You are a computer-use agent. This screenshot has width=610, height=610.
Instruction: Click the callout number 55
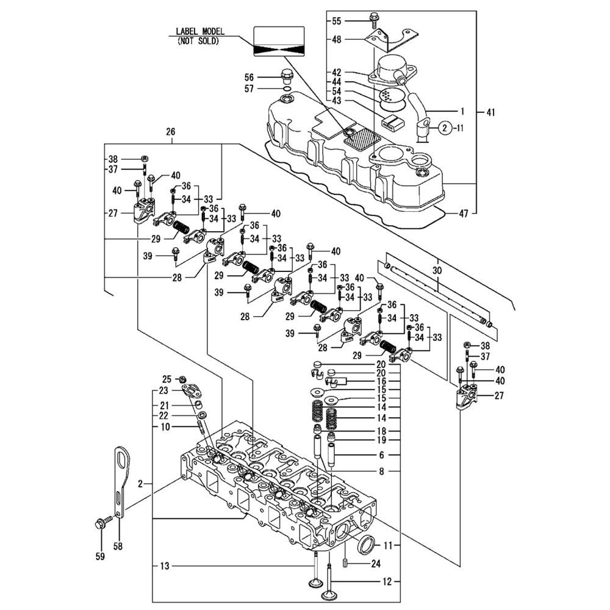tap(337, 21)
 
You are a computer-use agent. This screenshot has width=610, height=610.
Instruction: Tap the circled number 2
tap(445, 128)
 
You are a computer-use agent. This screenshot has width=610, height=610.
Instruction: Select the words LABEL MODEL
tap(200, 32)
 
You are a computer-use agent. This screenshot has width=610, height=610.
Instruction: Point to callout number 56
tap(249, 77)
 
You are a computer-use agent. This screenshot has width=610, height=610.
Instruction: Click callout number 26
tap(170, 132)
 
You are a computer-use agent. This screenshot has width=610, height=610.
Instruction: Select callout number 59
tap(100, 556)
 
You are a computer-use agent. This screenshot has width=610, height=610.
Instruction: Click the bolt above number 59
tap(101, 523)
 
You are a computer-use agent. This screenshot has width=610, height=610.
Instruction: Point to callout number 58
tap(118, 546)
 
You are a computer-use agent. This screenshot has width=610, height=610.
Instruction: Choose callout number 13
tap(164, 566)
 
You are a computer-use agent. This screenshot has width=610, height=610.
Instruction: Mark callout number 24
tap(376, 564)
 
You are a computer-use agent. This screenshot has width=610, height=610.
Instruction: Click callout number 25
tap(167, 379)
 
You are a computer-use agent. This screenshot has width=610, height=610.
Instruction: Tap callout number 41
tap(490, 112)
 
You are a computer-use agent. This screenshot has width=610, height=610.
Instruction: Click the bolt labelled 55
tap(373, 18)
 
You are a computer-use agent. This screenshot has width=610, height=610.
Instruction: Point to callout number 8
tap(381, 471)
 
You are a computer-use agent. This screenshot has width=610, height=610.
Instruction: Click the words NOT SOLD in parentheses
tap(198, 41)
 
